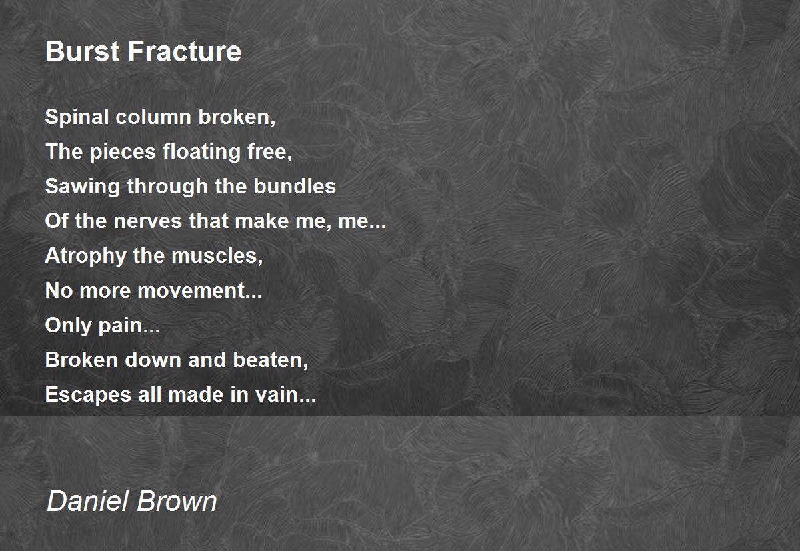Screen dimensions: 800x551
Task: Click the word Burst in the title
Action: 83,51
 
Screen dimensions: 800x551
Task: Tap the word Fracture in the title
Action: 185,51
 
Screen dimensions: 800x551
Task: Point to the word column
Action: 153,117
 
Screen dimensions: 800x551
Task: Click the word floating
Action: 201,152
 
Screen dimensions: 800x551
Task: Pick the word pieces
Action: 123,153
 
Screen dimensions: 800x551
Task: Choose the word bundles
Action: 295,186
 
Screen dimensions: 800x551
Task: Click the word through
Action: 167,187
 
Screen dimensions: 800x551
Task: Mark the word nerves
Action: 148,221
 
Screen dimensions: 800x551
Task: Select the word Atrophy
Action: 85,256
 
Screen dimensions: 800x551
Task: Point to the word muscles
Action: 216,256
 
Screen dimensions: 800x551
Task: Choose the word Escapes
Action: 88,395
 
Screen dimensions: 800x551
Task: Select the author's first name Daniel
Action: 87,500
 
